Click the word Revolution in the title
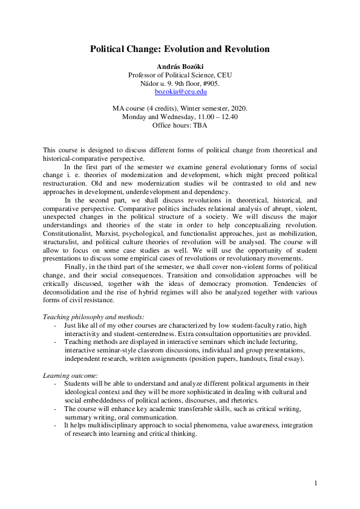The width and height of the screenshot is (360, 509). (x=240, y=49)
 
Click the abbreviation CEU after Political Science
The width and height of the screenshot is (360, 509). (x=223, y=75)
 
